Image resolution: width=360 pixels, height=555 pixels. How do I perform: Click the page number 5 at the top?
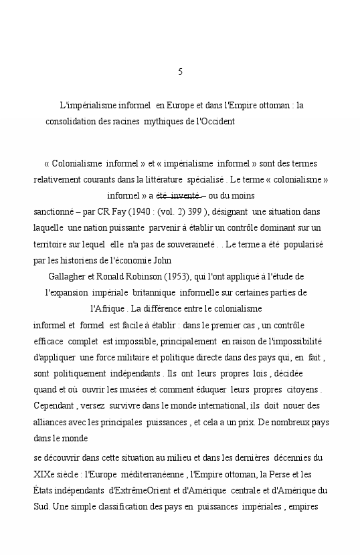click(x=181, y=72)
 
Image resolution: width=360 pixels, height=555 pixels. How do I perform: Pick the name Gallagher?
click(x=70, y=276)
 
